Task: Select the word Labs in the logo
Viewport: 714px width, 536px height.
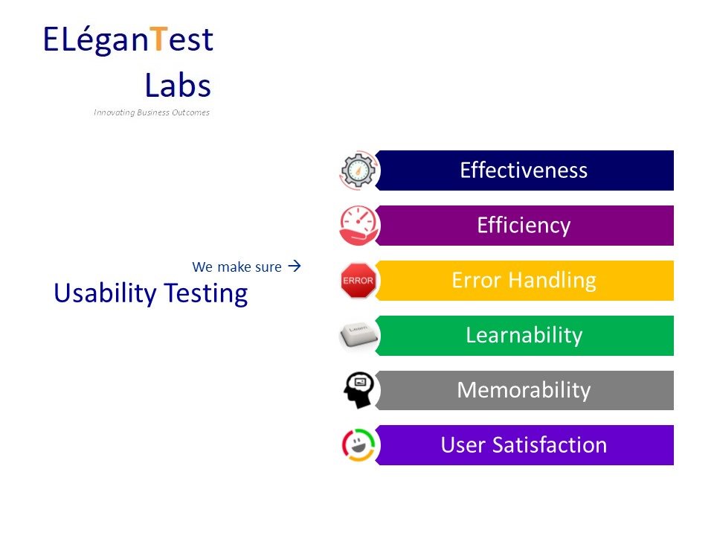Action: [x=178, y=86]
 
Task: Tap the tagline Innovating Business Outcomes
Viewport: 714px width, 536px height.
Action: [x=152, y=113]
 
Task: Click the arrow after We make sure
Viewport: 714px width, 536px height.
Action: [x=293, y=266]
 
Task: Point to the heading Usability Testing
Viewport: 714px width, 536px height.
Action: [x=150, y=294]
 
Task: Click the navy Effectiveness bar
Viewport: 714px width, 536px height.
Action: [x=524, y=170]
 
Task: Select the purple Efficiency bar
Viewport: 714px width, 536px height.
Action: [x=524, y=226]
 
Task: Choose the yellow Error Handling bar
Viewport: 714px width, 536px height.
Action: [x=524, y=281]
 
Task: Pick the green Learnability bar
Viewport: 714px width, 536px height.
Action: [x=524, y=336]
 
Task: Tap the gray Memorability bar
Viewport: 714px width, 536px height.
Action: [x=524, y=390]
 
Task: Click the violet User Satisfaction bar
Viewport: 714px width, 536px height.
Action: [x=524, y=445]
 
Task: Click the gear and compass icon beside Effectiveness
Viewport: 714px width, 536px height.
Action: [x=359, y=171]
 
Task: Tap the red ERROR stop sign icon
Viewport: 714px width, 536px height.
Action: [x=358, y=281]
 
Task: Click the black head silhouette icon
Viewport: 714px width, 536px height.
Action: [x=358, y=390]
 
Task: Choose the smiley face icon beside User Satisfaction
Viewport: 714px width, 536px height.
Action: [x=359, y=445]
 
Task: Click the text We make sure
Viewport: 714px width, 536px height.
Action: [x=237, y=267]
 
